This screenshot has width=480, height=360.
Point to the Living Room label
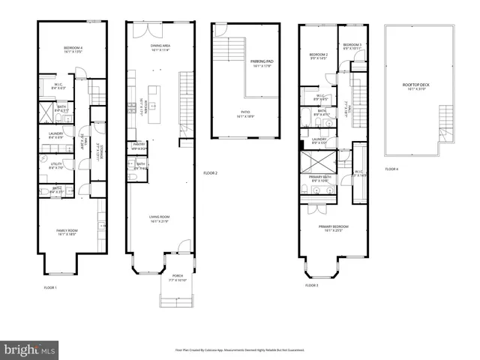pyautogui.click(x=158, y=219)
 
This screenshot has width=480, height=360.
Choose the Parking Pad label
pyautogui.click(x=261, y=62)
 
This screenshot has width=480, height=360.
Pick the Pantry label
pyautogui.click(x=139, y=145)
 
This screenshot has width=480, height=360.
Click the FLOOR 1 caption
pyautogui.click(x=50, y=287)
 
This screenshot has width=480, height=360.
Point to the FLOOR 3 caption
pyautogui.click(x=312, y=286)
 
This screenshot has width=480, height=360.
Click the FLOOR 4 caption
pyautogui.click(x=391, y=169)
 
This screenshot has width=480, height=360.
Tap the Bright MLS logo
pyautogui.click(x=30, y=349)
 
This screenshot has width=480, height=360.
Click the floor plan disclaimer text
pyautogui.click(x=240, y=349)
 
